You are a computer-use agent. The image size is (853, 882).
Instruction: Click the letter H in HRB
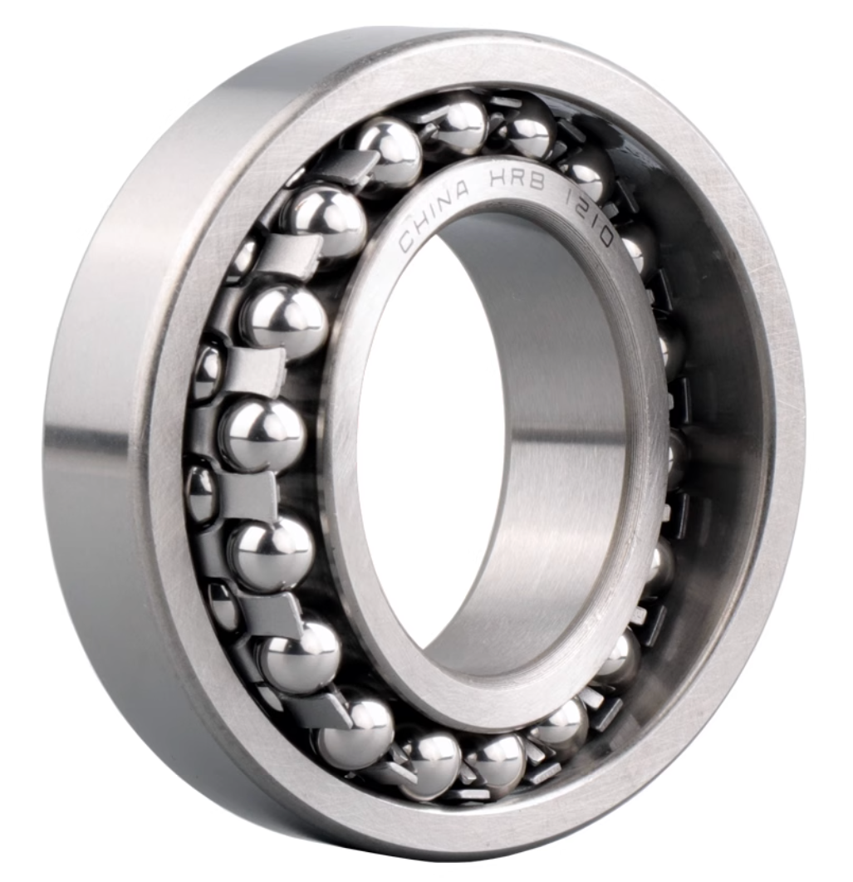click(498, 180)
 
